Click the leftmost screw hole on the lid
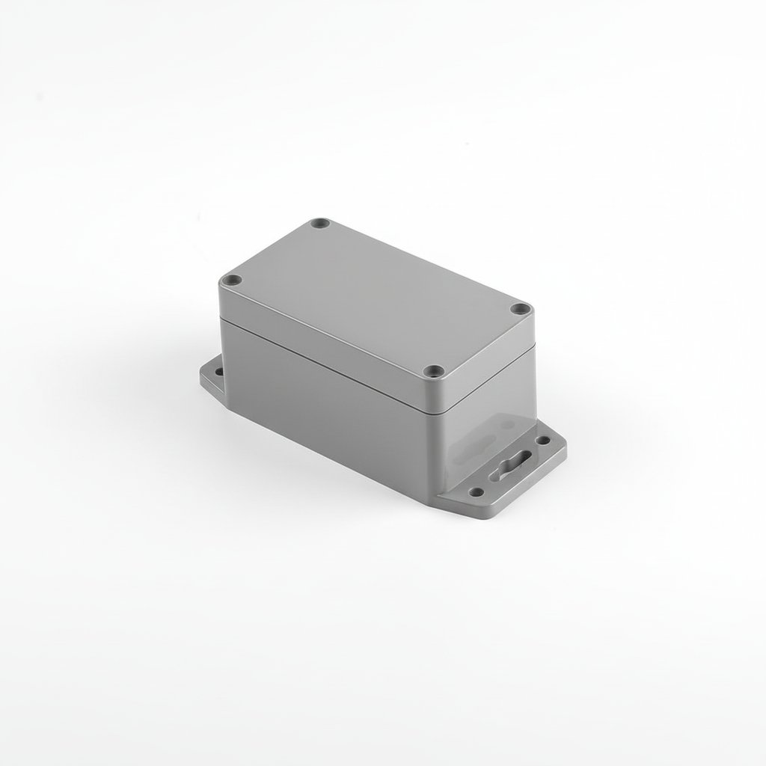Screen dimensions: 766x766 pyautogui.click(x=233, y=280)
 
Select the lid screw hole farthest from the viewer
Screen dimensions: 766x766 pyautogui.click(x=322, y=223)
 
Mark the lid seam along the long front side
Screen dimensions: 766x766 pyautogui.click(x=329, y=362)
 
